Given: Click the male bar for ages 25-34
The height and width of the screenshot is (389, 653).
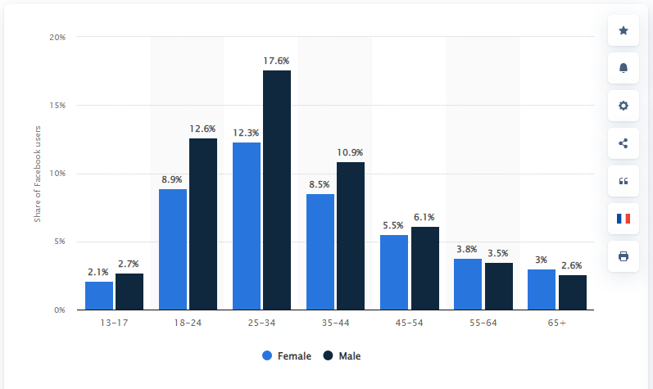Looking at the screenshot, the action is pyautogui.click(x=277, y=190).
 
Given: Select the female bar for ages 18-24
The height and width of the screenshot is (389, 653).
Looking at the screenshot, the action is pyautogui.click(x=173, y=250).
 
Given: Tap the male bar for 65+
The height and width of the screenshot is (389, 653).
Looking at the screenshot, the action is pyautogui.click(x=573, y=292).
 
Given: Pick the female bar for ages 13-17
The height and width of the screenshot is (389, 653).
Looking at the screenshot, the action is pyautogui.click(x=99, y=296).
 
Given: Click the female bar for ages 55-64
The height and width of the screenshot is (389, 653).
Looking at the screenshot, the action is pyautogui.click(x=468, y=284).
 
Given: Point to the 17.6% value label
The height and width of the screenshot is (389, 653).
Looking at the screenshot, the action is pyautogui.click(x=276, y=61).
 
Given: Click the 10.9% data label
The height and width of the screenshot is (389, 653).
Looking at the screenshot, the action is pyautogui.click(x=350, y=152).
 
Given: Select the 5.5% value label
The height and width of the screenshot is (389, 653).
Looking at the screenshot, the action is pyautogui.click(x=393, y=225).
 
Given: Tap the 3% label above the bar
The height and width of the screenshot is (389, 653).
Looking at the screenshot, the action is pyautogui.click(x=541, y=260).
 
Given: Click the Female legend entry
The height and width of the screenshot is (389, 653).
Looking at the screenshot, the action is pyautogui.click(x=287, y=356).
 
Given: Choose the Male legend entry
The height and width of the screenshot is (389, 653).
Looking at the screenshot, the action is pyautogui.click(x=342, y=356).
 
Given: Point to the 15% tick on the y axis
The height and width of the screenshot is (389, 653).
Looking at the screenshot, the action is pyautogui.click(x=57, y=106).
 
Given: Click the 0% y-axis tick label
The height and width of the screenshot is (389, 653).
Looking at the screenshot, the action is pyautogui.click(x=60, y=310).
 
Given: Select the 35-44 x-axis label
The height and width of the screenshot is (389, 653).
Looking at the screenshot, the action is pyautogui.click(x=336, y=323).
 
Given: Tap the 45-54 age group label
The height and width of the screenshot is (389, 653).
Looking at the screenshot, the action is pyautogui.click(x=410, y=323).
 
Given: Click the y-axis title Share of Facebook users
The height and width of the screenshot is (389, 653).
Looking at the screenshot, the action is pyautogui.click(x=38, y=174).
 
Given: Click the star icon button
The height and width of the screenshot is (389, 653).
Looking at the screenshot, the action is pyautogui.click(x=624, y=30).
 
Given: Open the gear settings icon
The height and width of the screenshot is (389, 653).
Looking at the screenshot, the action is pyautogui.click(x=624, y=106).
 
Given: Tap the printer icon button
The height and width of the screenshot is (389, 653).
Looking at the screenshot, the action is pyautogui.click(x=624, y=256).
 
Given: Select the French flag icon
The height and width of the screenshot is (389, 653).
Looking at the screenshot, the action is pyautogui.click(x=624, y=219).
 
